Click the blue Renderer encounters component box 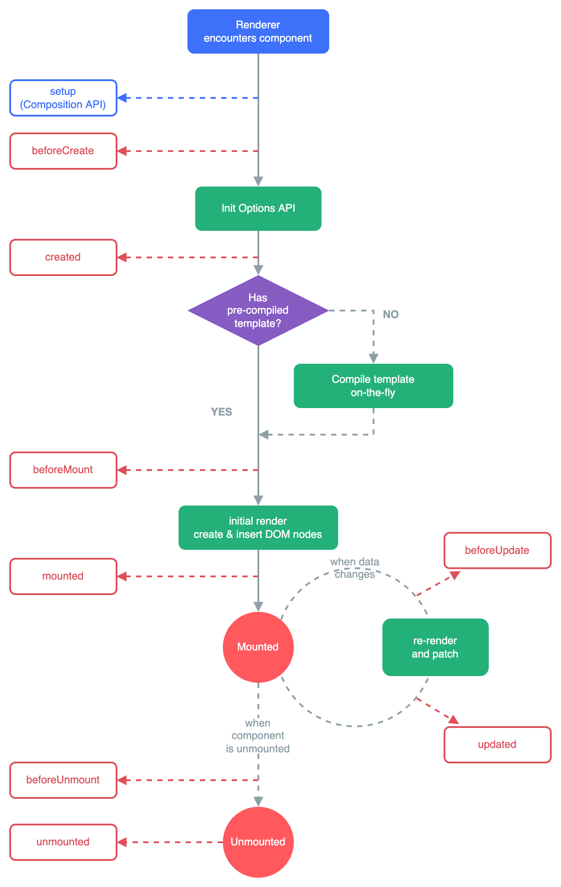pos(258,31)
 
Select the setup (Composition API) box pos(63,98)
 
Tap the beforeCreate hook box pos(63,151)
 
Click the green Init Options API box pos(258,208)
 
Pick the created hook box pos(63,257)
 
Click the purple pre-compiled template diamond pos(258,310)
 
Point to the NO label pos(390,314)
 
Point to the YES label pos(221,412)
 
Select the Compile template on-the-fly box pos(373,386)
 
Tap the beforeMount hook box pos(63,470)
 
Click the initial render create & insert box pos(258,528)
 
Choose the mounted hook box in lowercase pos(63,576)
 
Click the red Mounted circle pos(258,647)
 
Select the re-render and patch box pos(435,647)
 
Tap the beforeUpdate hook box pos(497,550)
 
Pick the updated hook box pos(497,745)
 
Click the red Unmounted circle pos(258,842)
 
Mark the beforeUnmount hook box pos(63,780)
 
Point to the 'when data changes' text pos(355,568)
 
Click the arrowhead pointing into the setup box pos(122,98)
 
